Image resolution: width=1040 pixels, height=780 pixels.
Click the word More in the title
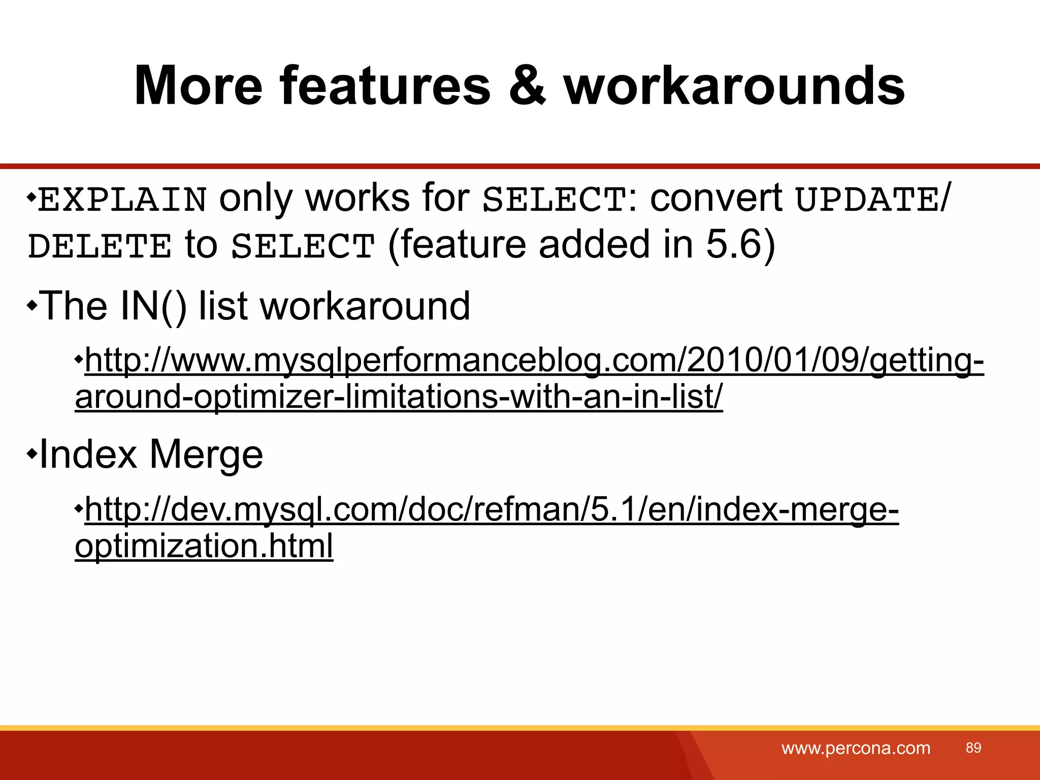[199, 86]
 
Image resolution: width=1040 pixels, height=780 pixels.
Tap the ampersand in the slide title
[528, 86]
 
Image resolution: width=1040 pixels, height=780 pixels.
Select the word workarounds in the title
[734, 86]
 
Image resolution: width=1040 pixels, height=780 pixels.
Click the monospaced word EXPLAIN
[122, 199]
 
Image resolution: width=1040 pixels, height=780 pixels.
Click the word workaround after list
[365, 306]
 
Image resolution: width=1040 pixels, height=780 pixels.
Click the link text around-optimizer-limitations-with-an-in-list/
[399, 397]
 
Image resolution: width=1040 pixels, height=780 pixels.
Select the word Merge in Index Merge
[206, 454]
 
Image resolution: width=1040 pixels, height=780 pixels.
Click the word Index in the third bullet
[88, 454]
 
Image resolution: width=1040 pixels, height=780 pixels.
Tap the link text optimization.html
[204, 546]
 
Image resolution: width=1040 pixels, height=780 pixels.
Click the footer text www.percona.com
[856, 748]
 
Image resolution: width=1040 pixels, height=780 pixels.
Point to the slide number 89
[973, 747]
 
